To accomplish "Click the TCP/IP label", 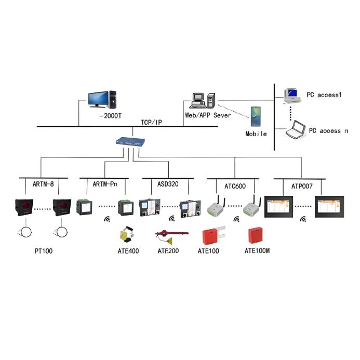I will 152,122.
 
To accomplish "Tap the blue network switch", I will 130,142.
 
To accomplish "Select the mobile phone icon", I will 256,117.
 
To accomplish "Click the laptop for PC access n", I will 296,129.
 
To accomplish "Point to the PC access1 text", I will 325,95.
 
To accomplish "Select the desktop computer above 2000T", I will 102,100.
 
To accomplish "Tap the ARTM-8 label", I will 44,185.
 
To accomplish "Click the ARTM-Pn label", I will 104,185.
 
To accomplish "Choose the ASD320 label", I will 167,185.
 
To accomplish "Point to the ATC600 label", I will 235,185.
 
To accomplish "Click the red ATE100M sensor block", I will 256,235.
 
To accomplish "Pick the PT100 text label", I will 44,251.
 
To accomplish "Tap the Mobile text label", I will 256,134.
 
